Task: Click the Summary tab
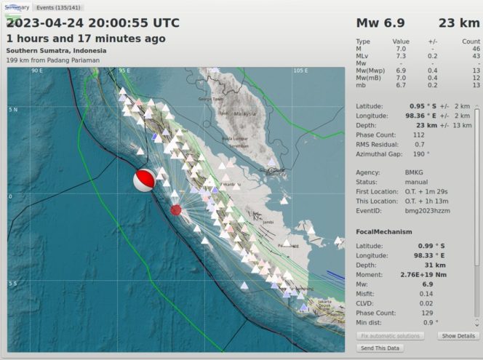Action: click(17, 7)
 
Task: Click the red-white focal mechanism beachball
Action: click(144, 181)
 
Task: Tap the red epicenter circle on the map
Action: click(175, 210)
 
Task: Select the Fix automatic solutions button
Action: click(390, 336)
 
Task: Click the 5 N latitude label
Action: click(12, 109)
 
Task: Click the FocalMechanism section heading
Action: click(383, 231)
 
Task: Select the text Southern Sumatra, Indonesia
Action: click(56, 50)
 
